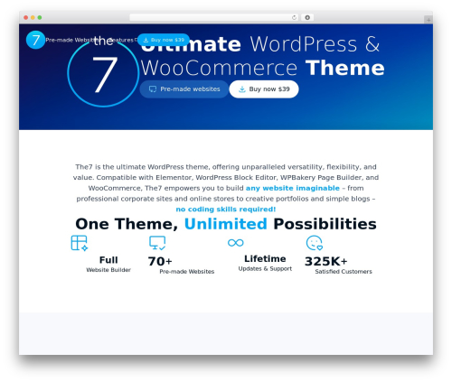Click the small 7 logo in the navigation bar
35,40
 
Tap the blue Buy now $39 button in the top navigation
164,40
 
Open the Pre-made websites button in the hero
184,89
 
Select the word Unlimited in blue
225,224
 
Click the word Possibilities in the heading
325,224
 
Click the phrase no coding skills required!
225,210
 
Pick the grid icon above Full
80,243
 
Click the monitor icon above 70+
157,243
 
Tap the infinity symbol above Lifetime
236,243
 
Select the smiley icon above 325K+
314,243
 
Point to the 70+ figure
160,261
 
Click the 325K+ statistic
325,261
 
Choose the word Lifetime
265,258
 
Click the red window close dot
26,17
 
